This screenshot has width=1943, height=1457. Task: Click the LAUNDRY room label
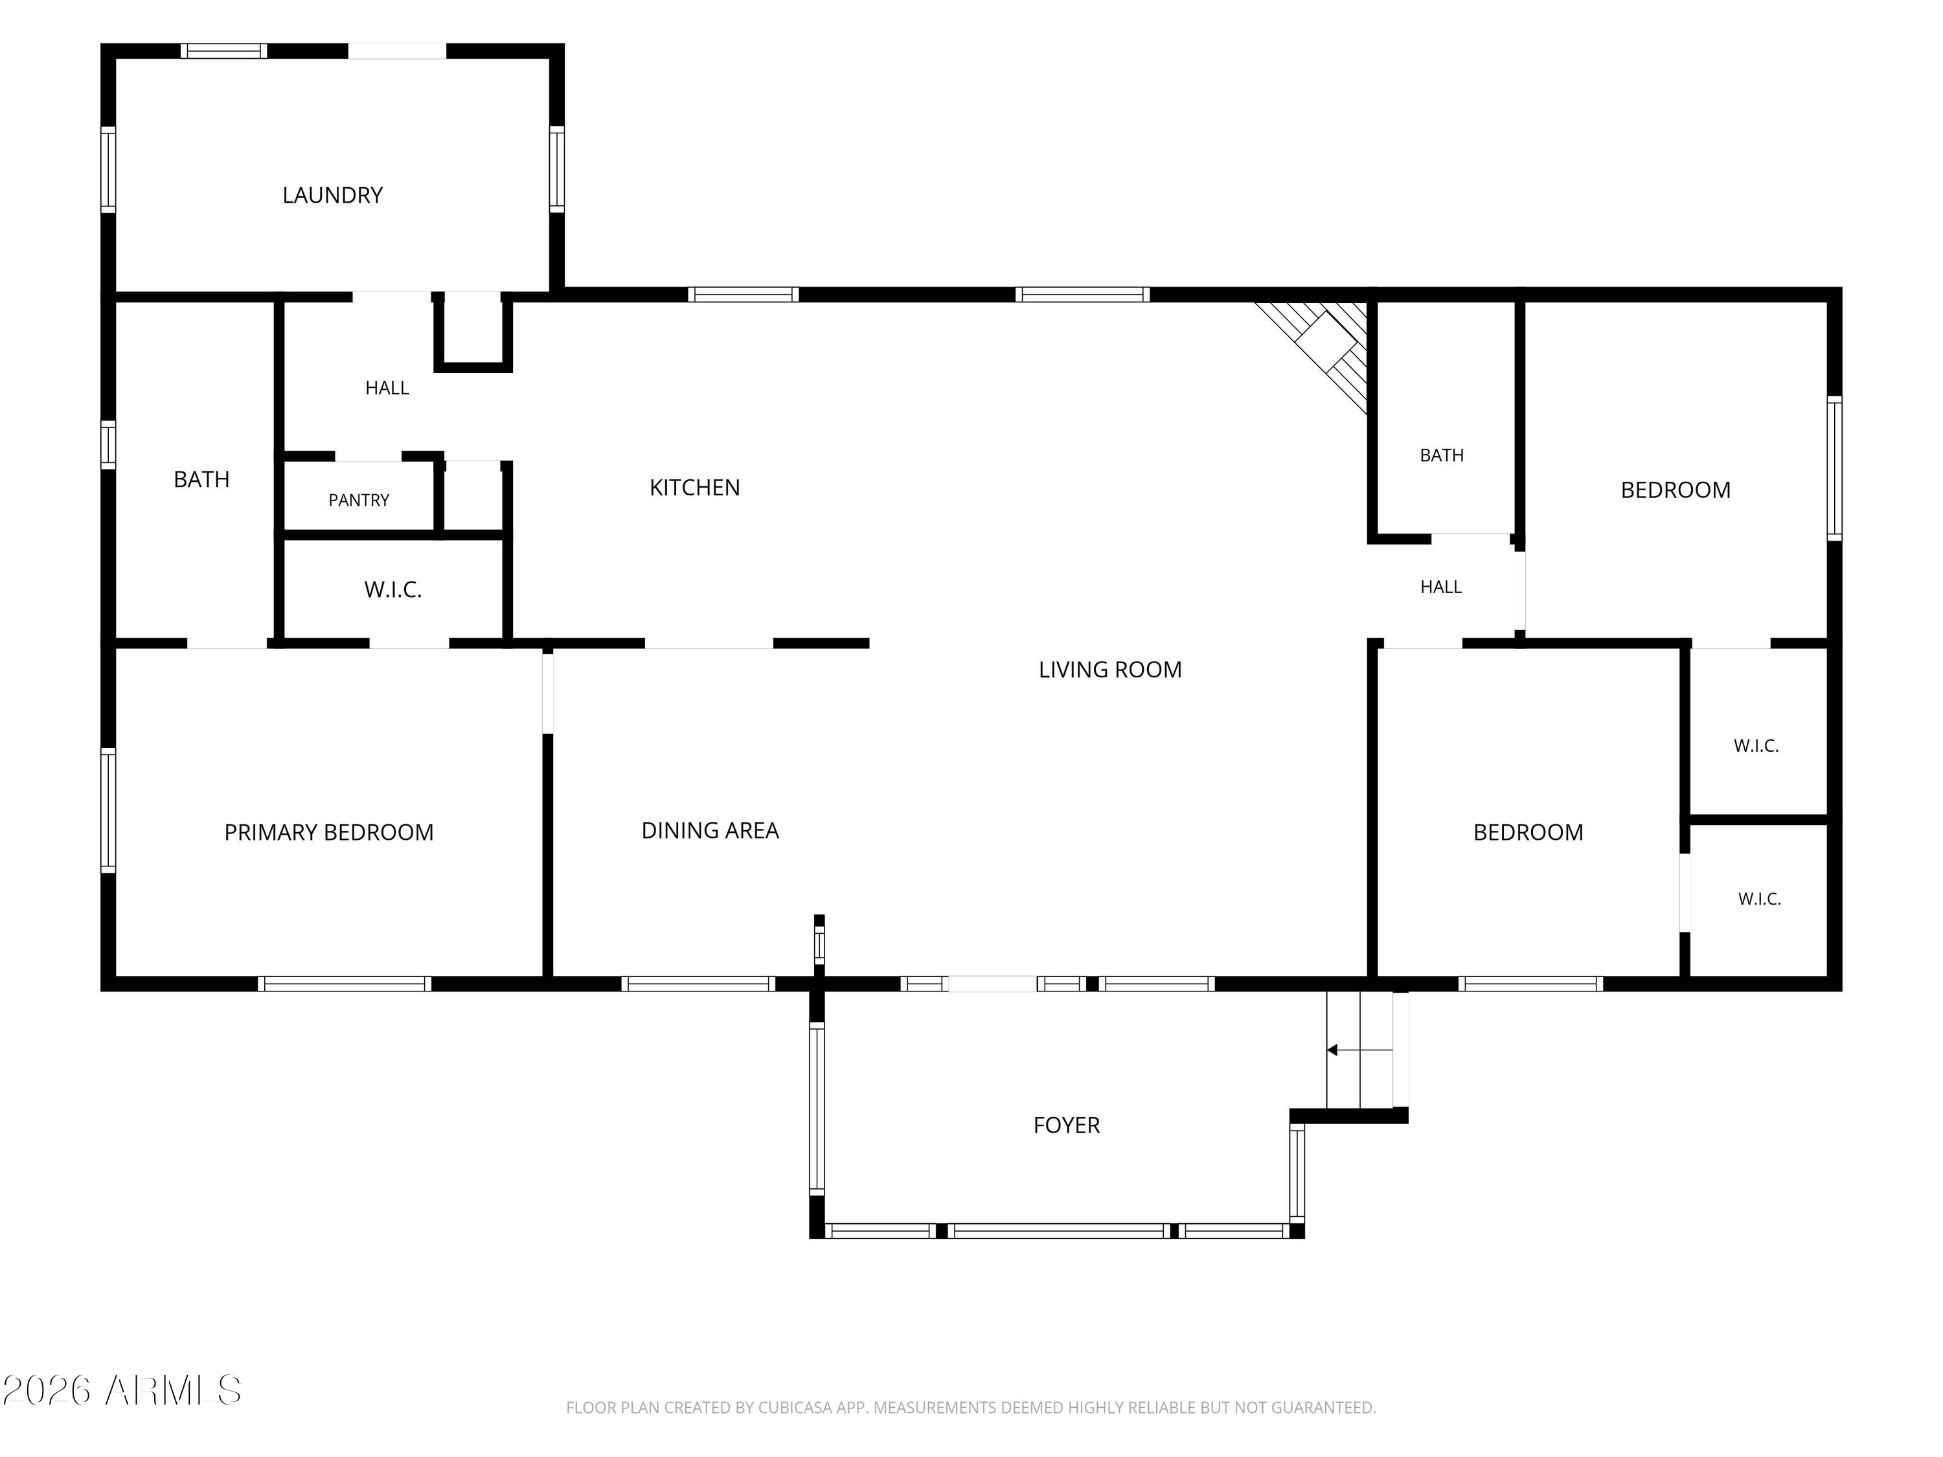(332, 195)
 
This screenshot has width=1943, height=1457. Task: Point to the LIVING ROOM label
(1109, 669)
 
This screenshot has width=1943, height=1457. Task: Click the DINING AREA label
(710, 830)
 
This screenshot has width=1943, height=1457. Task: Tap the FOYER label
(1066, 1125)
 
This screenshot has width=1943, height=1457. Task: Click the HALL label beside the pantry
(387, 387)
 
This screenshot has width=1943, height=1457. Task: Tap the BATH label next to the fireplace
(1442, 455)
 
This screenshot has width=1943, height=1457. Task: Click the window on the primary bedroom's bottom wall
(345, 984)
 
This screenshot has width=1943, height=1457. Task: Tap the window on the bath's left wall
(108, 444)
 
